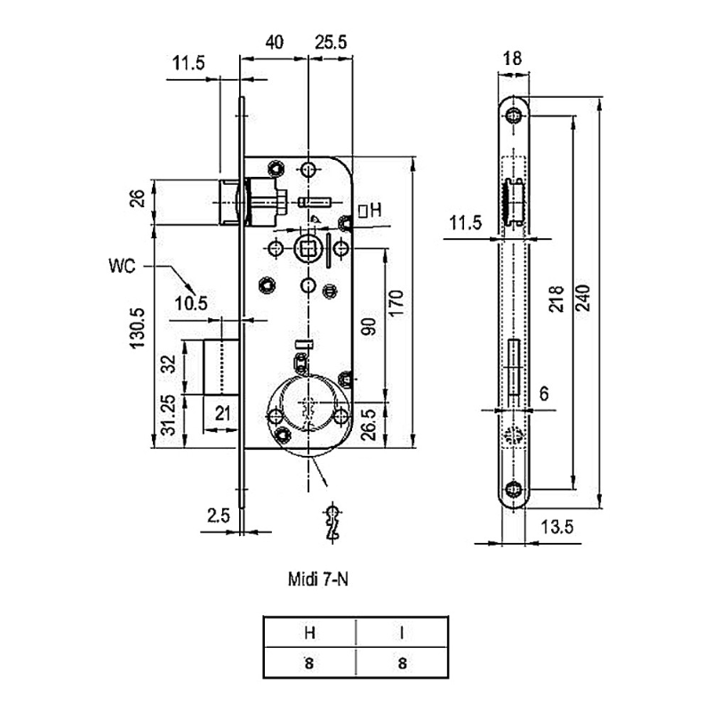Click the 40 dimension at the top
coord(274,43)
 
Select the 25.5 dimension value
coord(330,43)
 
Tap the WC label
coord(124,265)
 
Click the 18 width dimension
coord(512,59)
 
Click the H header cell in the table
coord(309,633)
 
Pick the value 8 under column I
coord(402,662)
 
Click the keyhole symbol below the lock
coord(333,522)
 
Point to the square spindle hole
coord(308,247)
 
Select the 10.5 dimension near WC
coord(191,303)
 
